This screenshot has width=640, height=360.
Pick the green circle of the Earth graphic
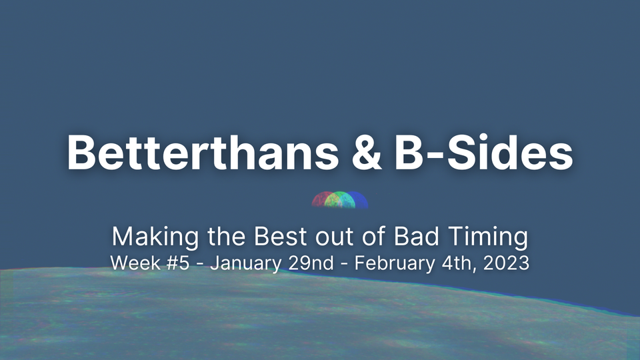[x=341, y=200]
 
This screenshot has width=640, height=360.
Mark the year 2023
[x=505, y=263]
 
